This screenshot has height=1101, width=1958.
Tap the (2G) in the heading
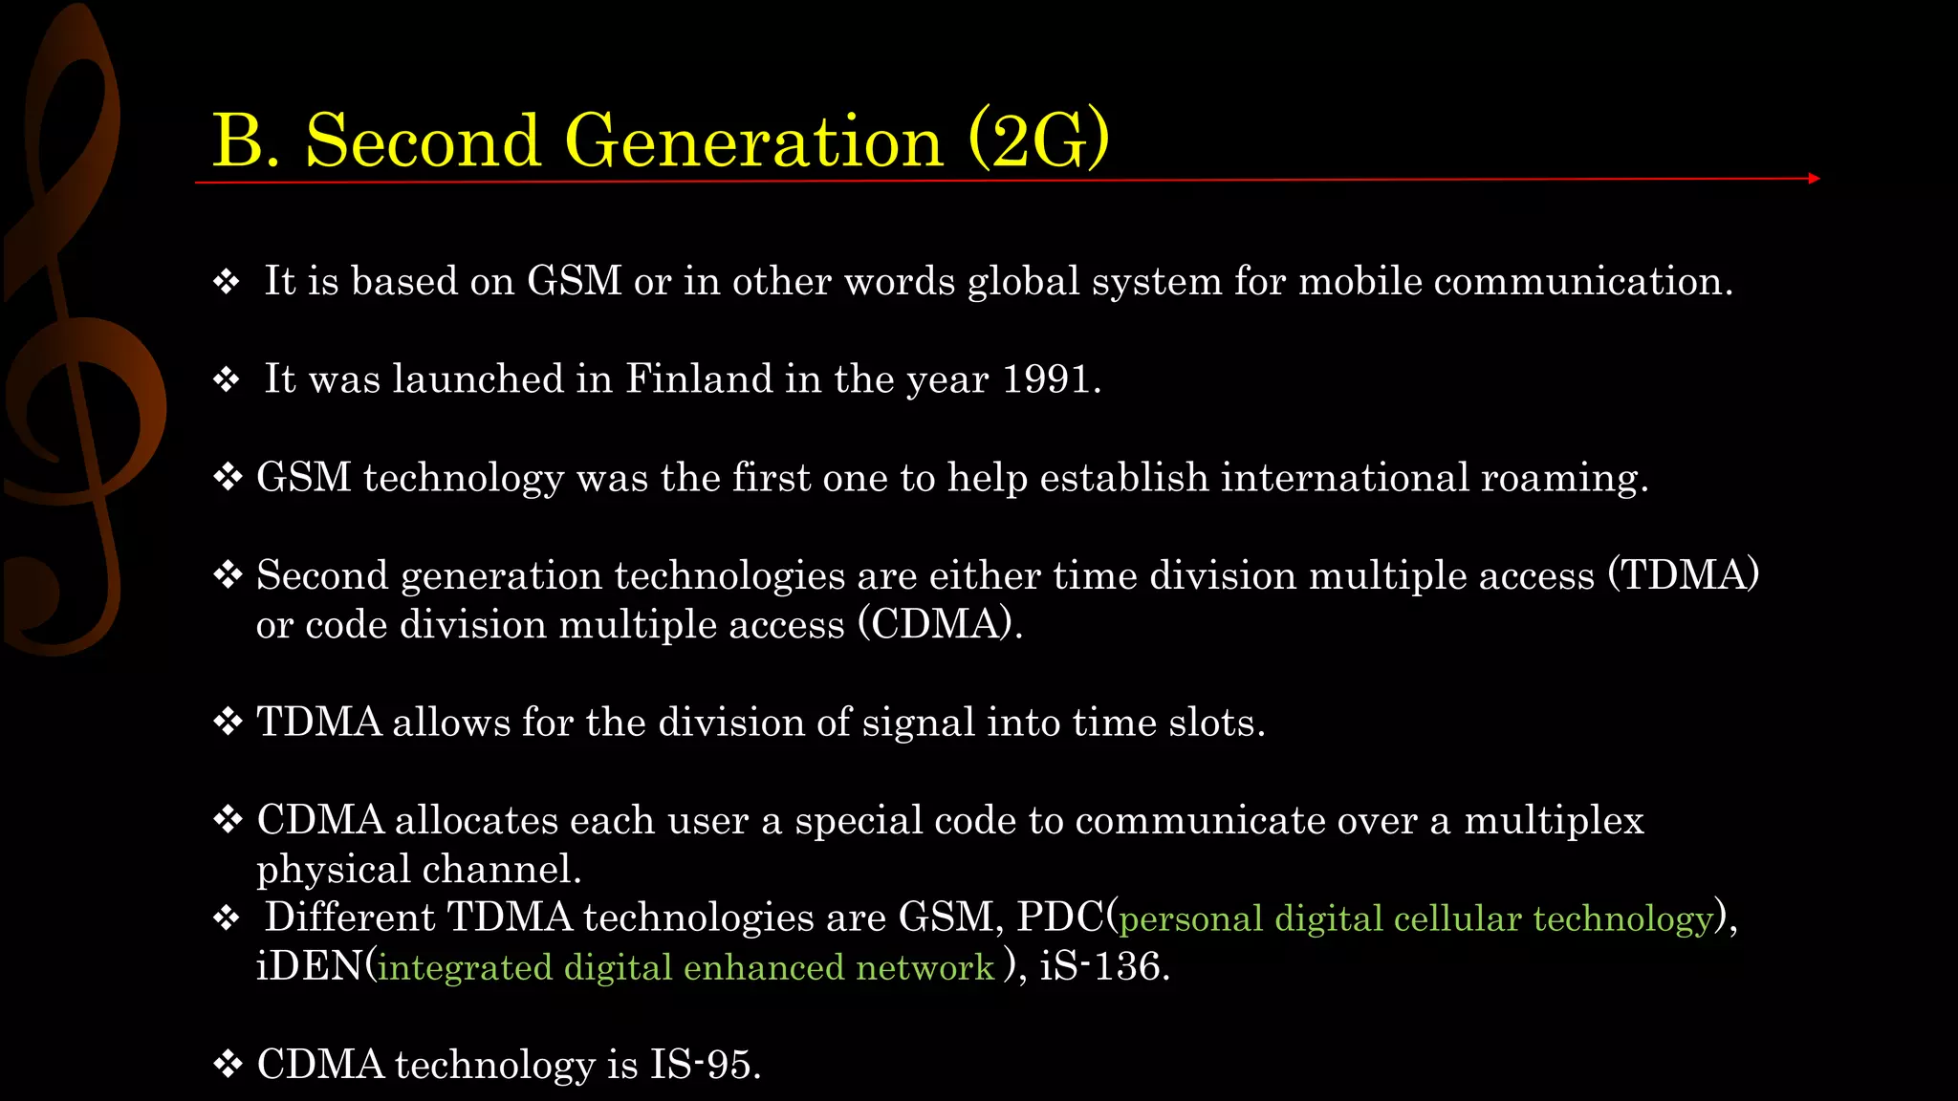click(x=1039, y=140)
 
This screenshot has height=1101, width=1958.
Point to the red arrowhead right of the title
click(x=1814, y=178)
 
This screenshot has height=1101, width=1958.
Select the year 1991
click(x=1047, y=379)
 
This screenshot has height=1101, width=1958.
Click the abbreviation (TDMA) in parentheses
click(x=1684, y=575)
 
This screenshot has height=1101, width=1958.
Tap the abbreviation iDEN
click(x=309, y=966)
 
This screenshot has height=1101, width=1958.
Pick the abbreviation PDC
click(x=1059, y=917)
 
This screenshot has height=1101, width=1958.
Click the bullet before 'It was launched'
click(x=227, y=380)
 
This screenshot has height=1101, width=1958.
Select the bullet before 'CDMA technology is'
click(x=228, y=1065)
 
